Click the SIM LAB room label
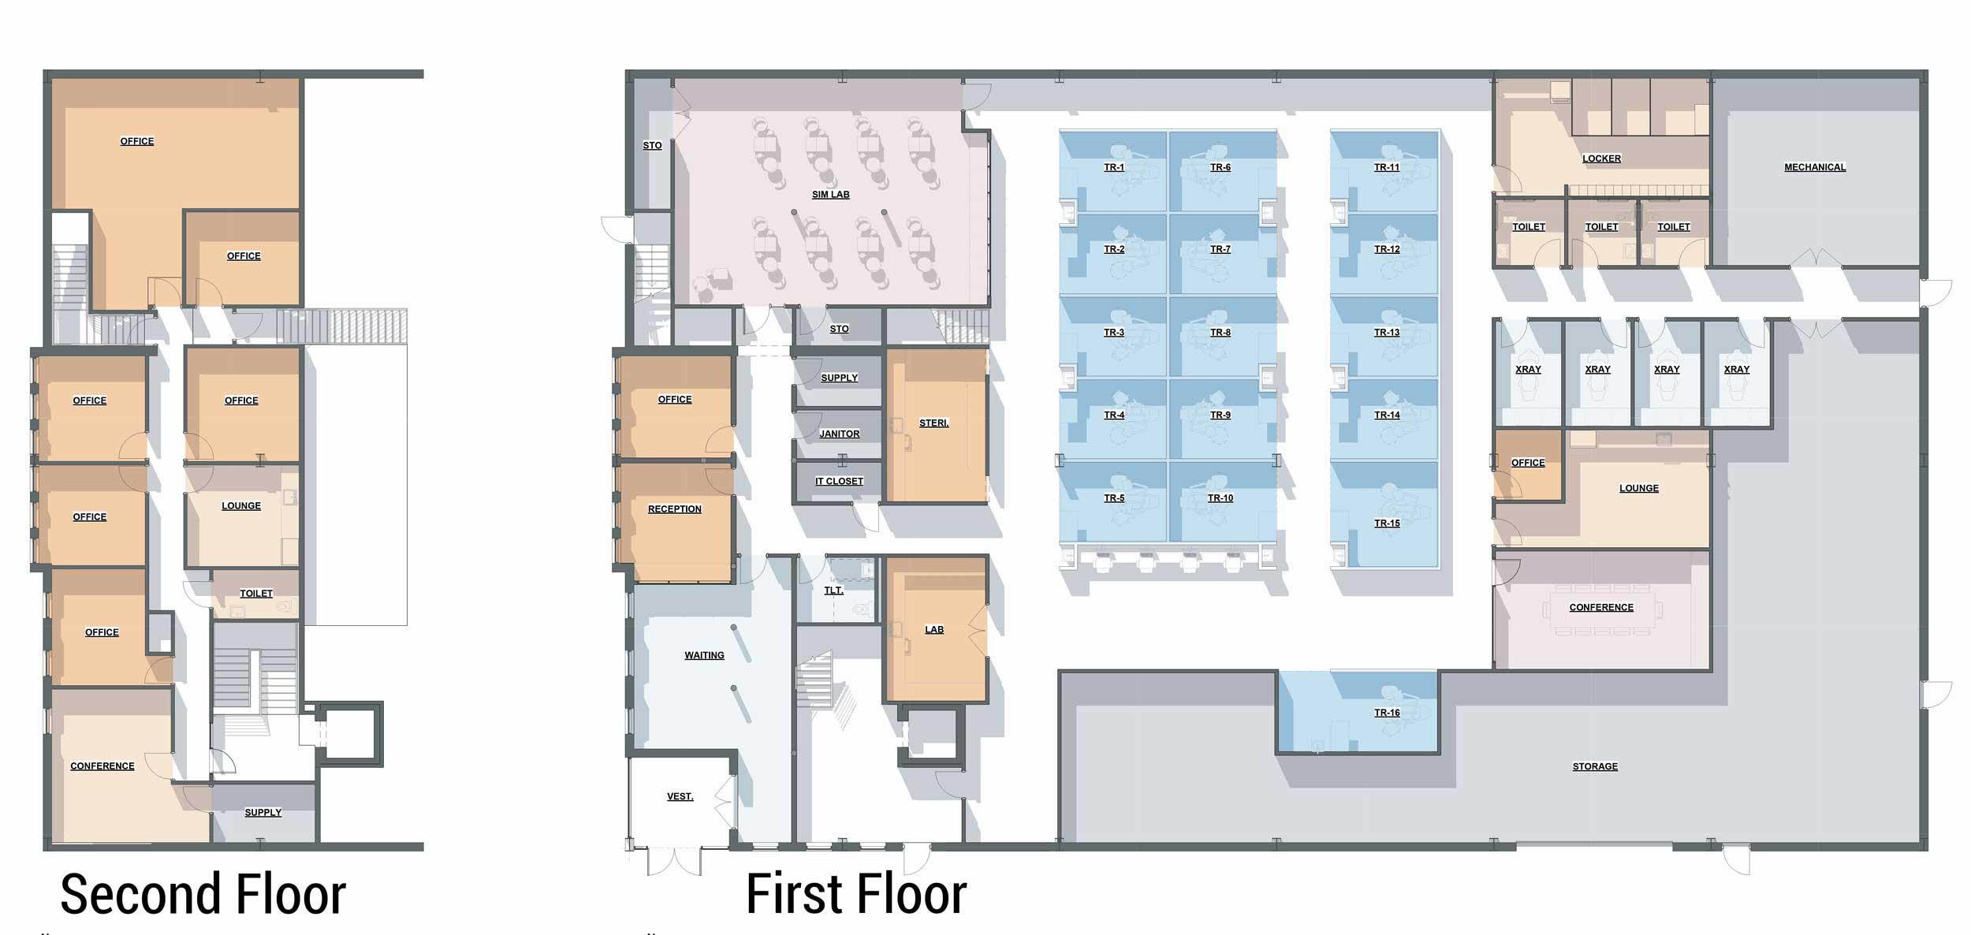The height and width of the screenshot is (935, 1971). (830, 195)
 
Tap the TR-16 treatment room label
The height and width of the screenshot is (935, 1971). (1387, 713)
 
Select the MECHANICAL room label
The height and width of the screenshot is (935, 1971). (1815, 167)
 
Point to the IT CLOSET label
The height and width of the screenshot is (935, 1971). (839, 481)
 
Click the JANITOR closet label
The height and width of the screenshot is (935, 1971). (839, 434)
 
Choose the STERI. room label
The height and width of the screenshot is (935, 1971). (933, 423)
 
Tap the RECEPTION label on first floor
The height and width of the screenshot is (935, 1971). (674, 509)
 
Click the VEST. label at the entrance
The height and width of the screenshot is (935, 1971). (680, 796)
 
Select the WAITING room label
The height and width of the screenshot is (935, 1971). (704, 655)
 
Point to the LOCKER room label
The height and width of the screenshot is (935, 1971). (1601, 158)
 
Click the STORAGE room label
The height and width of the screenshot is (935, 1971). (1595, 766)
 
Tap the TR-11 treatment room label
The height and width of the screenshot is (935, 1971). (1386, 167)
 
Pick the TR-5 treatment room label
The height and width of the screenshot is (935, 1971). (1114, 498)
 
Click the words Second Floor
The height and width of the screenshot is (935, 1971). (203, 894)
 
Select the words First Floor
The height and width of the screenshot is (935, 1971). (856, 894)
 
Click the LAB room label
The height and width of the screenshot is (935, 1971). (933, 630)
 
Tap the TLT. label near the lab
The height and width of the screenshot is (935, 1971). (833, 590)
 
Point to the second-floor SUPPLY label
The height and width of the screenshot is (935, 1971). (263, 813)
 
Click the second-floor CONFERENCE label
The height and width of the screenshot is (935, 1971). (102, 766)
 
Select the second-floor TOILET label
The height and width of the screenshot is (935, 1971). (255, 594)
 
